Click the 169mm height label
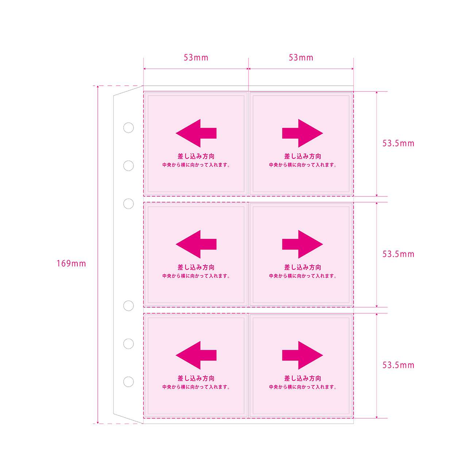[x=71, y=263]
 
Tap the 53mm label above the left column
[x=196, y=58]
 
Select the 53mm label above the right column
[x=301, y=58]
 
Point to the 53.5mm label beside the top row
[x=398, y=143]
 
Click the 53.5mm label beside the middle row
[x=398, y=254]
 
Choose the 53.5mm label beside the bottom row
[x=398, y=365]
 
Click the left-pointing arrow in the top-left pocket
[x=196, y=133]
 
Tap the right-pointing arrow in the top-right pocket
[x=302, y=133]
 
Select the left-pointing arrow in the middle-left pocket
[x=196, y=244]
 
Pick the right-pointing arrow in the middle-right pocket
[x=302, y=244]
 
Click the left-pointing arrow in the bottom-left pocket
[x=196, y=355]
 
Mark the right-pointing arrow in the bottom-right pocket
[x=302, y=355]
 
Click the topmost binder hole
[x=128, y=123]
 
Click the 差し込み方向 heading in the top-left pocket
[x=196, y=156]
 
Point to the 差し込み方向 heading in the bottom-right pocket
[x=302, y=378]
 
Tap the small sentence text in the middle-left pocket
[x=196, y=276]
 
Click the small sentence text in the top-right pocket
[x=302, y=165]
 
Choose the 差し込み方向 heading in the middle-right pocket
[x=302, y=267]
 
